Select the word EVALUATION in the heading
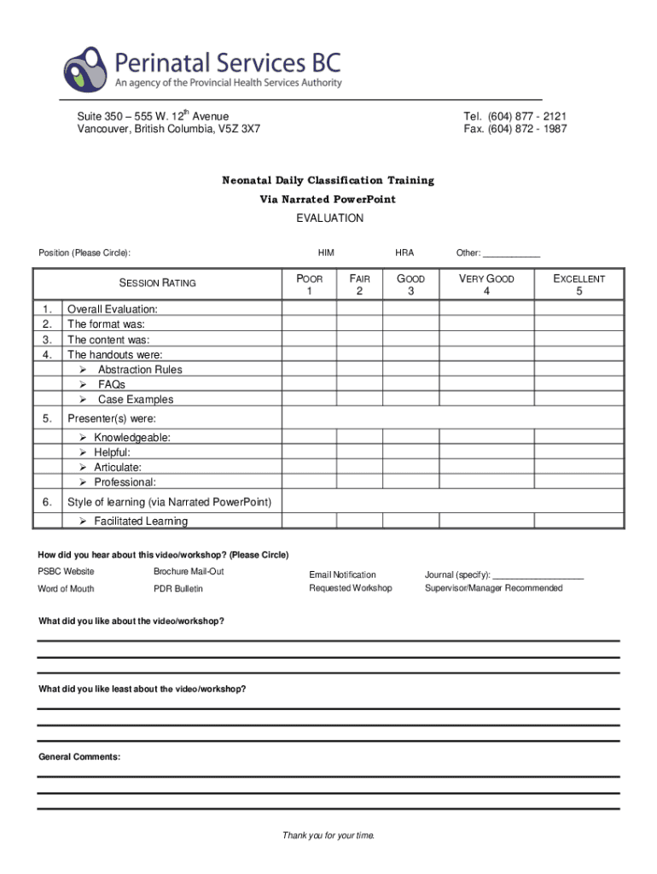[329, 218]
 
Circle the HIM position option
[326, 253]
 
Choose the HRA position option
[404, 253]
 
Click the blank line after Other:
[512, 253]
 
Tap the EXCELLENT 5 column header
[579, 285]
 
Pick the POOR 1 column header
[309, 285]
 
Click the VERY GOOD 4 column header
[486, 285]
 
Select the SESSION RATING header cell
[157, 283]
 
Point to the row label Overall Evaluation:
[112, 310]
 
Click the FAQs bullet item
[111, 385]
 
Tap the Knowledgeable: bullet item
[131, 438]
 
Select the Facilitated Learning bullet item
[141, 521]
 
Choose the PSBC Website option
[66, 572]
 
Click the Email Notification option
[342, 575]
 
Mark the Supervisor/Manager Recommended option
[493, 588]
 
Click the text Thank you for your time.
[328, 836]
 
